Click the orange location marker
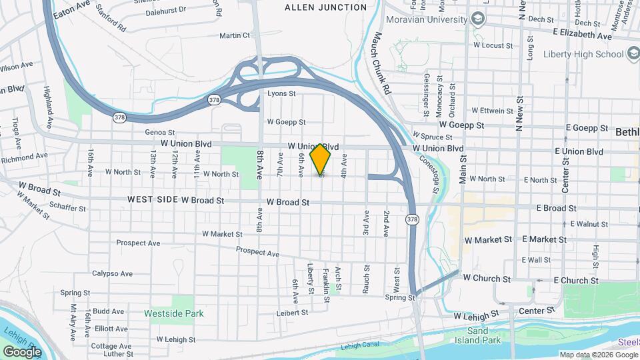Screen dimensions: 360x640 [321, 159]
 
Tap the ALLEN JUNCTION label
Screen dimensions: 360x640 [325, 7]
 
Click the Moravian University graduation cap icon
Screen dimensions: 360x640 [477, 19]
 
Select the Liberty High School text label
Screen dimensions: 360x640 [583, 54]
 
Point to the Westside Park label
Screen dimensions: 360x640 [174, 313]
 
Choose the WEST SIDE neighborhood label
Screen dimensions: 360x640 [153, 199]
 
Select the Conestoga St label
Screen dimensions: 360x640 [427, 175]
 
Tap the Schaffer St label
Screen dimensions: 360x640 [68, 208]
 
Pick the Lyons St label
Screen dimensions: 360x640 [281, 94]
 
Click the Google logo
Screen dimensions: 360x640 [22, 351]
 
